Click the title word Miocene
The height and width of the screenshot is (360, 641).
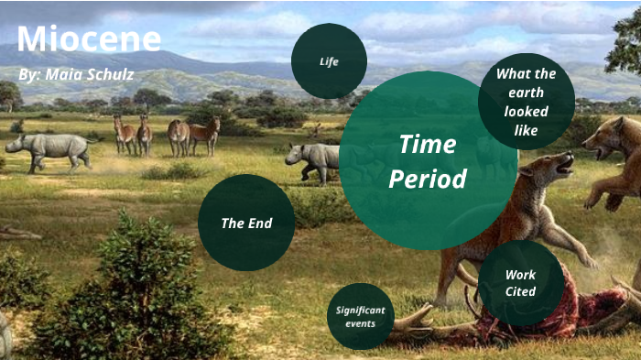click(89, 38)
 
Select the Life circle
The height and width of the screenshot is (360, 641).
click(329, 61)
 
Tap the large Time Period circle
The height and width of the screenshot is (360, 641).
click(428, 160)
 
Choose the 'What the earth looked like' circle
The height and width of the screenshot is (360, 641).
click(526, 102)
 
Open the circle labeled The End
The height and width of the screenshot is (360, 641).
click(246, 223)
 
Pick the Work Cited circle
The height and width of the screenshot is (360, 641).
click(520, 283)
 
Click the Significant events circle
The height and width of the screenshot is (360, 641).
click(360, 316)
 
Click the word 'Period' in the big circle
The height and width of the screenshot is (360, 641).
click(428, 179)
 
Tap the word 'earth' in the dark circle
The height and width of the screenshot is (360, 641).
click(526, 93)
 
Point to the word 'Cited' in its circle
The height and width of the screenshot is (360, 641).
click(520, 292)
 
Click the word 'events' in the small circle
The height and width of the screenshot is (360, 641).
click(360, 323)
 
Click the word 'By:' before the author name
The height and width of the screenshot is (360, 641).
click(29, 73)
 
